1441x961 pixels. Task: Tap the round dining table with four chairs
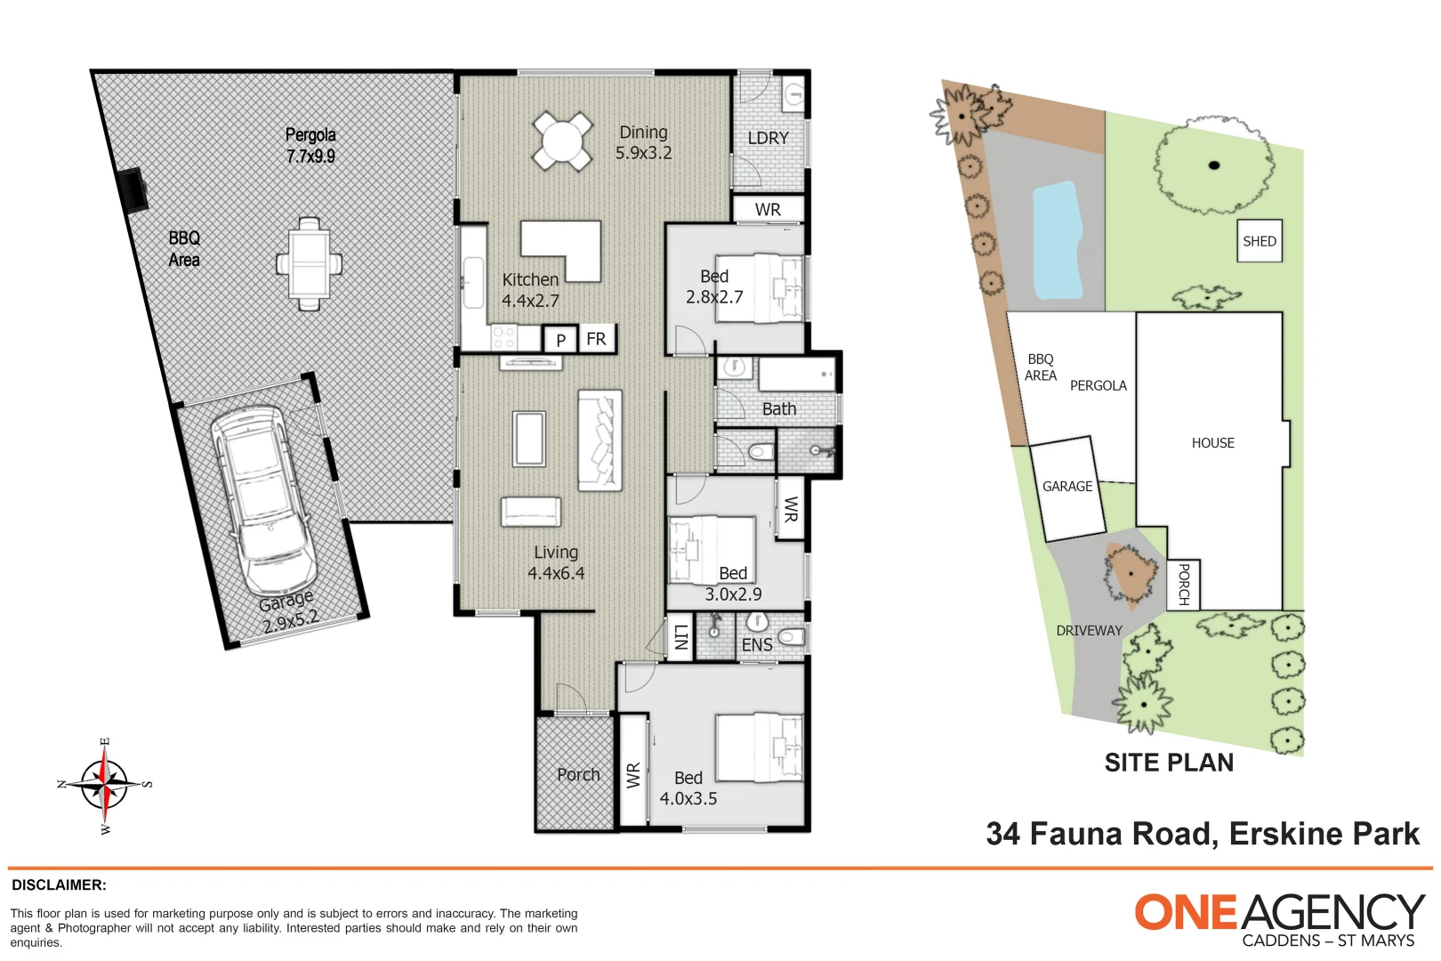561,141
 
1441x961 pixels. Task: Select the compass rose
104,786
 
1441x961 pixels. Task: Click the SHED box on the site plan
1259,241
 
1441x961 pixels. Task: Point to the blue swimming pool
1057,241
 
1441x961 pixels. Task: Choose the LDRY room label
768,138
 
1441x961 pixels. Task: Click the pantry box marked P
560,339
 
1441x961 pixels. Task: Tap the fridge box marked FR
596,338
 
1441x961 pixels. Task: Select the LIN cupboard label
680,637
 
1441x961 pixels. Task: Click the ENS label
756,644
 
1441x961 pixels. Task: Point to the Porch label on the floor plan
578,774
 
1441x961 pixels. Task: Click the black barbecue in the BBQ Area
133,190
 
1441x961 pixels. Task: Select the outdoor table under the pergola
309,264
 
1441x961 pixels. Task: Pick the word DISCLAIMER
59,885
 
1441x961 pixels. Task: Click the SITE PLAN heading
1169,763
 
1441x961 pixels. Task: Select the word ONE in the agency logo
1186,912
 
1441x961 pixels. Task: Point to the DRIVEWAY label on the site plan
1089,631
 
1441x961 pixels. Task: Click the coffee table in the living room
529,439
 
